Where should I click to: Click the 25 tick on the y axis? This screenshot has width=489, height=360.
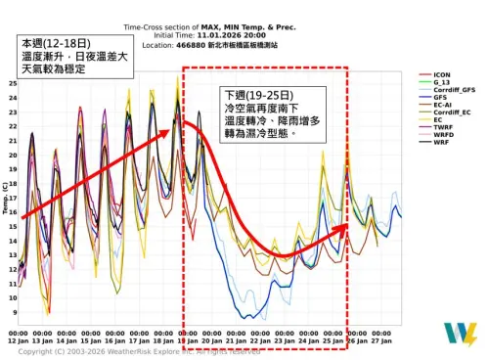[x=12, y=83]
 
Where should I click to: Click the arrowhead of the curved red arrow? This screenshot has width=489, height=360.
[x=342, y=228]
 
